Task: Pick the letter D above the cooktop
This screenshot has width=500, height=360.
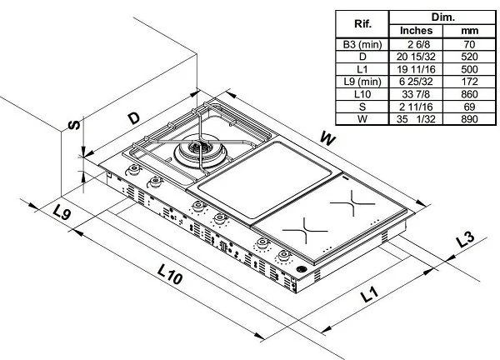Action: point(133,117)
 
